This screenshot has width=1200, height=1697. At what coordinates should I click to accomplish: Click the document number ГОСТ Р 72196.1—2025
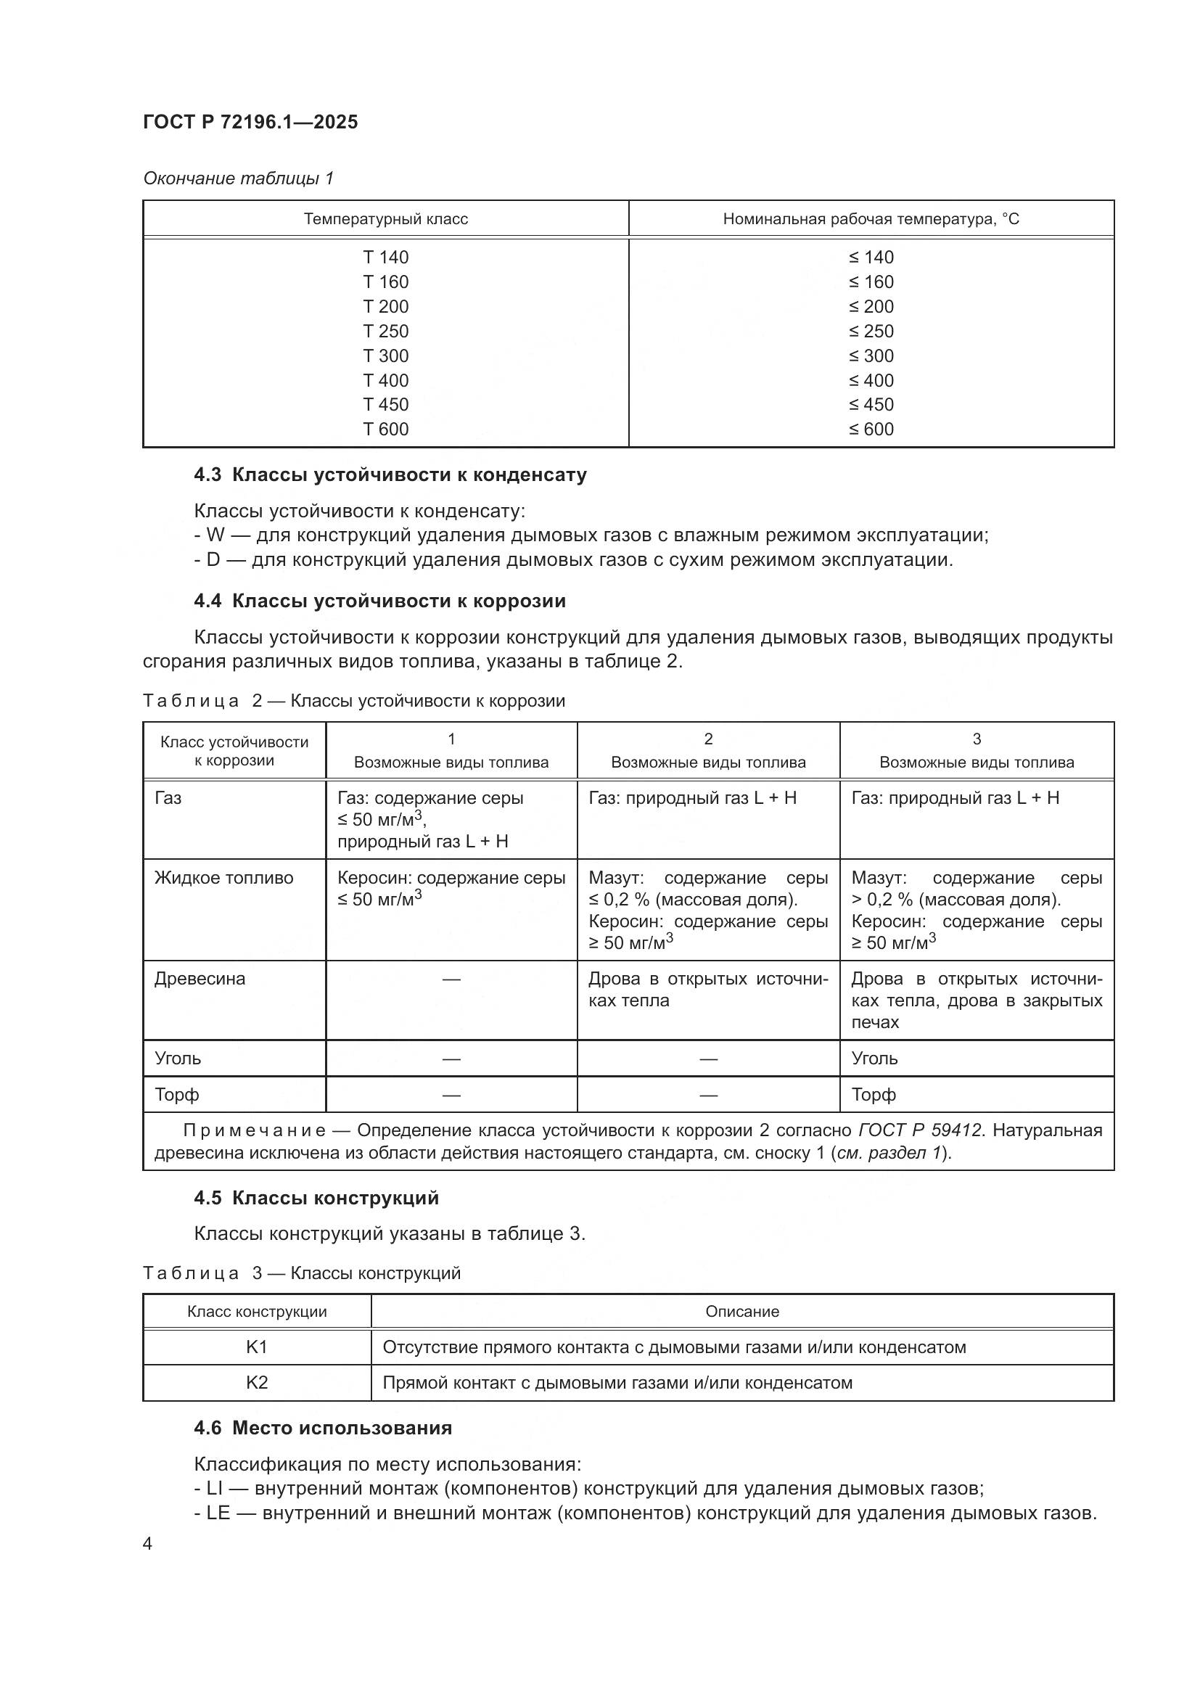tap(250, 122)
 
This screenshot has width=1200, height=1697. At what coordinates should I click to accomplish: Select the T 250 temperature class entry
tap(386, 331)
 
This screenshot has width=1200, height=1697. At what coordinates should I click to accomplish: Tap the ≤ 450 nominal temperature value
tap(871, 404)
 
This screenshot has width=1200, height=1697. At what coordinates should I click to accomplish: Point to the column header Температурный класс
tap(386, 219)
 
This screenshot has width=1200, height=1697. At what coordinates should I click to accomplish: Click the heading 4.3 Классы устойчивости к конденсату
tap(390, 474)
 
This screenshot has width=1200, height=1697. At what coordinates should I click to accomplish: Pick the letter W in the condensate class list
tap(215, 535)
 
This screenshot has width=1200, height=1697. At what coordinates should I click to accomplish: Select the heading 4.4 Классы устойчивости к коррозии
tap(379, 601)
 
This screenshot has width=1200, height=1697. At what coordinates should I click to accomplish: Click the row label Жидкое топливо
tap(224, 878)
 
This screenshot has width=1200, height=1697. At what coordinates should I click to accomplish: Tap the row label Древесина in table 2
tap(200, 979)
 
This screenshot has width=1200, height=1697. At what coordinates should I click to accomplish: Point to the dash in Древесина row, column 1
tap(451, 980)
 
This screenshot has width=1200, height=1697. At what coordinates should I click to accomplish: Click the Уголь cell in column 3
tap(874, 1059)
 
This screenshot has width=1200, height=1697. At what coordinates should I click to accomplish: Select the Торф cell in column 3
tap(874, 1095)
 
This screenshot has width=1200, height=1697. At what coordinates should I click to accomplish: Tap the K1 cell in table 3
tap(256, 1347)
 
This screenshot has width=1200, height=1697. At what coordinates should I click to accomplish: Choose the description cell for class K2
tap(617, 1383)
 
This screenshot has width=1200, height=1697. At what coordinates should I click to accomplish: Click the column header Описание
tap(742, 1312)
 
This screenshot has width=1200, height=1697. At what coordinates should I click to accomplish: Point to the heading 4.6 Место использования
tap(323, 1428)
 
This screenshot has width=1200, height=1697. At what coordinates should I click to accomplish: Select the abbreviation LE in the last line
tap(218, 1513)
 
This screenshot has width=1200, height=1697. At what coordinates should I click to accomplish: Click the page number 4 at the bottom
tap(148, 1544)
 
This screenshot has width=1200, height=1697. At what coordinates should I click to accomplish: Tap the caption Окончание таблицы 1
tap(238, 178)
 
